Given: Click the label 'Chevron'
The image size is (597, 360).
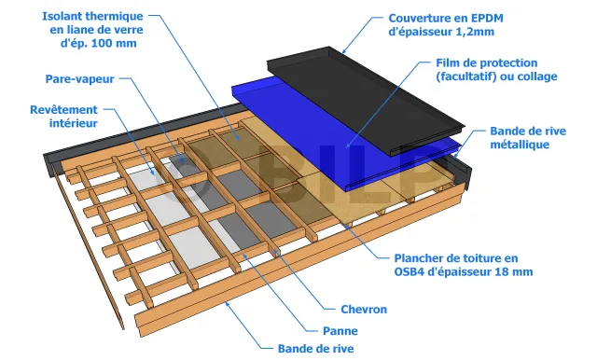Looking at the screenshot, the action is (x=364, y=310).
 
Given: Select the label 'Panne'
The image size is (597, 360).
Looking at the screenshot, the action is (x=340, y=331).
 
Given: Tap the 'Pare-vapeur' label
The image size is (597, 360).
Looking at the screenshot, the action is (x=80, y=79).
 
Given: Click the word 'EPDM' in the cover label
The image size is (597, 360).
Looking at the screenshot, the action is (x=486, y=19).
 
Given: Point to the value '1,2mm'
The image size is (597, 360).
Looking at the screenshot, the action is (x=476, y=32).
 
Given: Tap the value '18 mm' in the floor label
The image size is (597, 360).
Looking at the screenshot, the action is (x=515, y=272).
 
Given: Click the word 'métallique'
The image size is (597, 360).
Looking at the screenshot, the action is (x=520, y=145).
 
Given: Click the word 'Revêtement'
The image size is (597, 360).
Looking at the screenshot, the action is (x=64, y=110).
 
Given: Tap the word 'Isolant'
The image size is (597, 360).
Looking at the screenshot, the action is (x=62, y=17).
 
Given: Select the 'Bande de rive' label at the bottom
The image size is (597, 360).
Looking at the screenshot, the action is (x=315, y=349).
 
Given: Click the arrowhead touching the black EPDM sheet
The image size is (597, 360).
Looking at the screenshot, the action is (x=344, y=51).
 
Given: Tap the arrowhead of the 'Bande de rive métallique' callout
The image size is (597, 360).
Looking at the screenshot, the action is (x=456, y=155).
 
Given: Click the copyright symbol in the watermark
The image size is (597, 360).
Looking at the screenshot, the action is (x=182, y=178).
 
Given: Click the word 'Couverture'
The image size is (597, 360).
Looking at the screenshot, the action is (x=421, y=19).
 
